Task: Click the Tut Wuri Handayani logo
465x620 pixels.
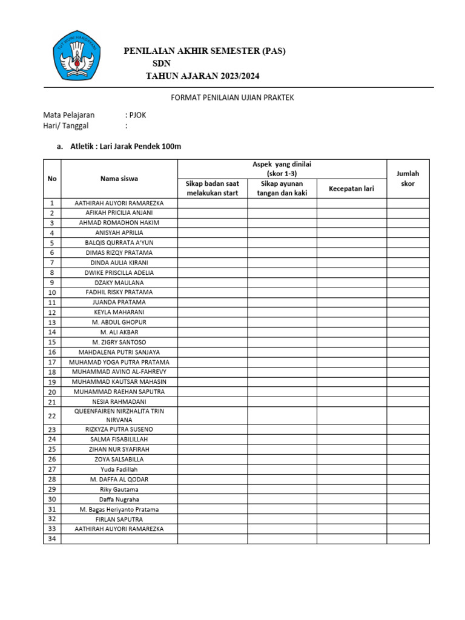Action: click(x=77, y=57)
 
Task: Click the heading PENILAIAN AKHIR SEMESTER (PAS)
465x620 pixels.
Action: click(x=205, y=51)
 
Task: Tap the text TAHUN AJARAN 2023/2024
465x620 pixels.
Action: click(x=205, y=76)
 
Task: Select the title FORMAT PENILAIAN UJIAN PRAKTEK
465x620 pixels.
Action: click(x=233, y=97)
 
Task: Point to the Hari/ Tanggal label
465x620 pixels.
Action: click(x=65, y=126)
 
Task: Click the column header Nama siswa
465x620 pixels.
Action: click(x=119, y=179)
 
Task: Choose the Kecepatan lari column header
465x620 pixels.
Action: click(x=351, y=188)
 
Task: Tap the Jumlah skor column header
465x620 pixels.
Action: click(x=407, y=179)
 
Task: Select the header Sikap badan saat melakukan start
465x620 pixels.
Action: click(x=212, y=188)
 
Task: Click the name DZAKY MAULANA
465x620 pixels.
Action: click(x=119, y=282)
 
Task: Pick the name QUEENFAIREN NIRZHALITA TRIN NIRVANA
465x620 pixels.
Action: click(x=119, y=415)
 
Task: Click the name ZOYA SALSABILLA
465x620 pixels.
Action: click(x=119, y=459)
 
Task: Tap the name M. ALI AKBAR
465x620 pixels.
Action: click(x=119, y=332)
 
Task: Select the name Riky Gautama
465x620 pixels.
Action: click(x=119, y=489)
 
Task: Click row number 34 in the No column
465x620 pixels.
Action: click(x=52, y=539)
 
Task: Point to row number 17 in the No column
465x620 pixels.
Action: click(x=52, y=362)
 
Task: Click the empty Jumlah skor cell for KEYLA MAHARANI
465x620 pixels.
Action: click(x=407, y=312)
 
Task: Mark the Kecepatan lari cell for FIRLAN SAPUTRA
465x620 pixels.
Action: click(x=351, y=519)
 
